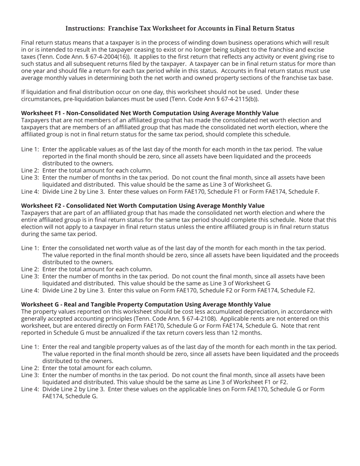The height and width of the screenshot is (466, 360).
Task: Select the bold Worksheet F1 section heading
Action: (x=150, y=113)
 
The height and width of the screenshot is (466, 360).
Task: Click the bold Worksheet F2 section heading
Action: (x=142, y=206)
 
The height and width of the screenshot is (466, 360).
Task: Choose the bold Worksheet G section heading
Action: (x=146, y=305)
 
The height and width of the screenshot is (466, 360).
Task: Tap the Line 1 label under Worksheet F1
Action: (x=30, y=149)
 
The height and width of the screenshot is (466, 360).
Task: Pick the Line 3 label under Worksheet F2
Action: (x=30, y=277)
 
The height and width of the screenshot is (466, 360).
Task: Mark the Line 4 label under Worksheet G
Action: (x=30, y=389)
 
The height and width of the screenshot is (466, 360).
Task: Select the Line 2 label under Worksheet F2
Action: (x=30, y=269)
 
